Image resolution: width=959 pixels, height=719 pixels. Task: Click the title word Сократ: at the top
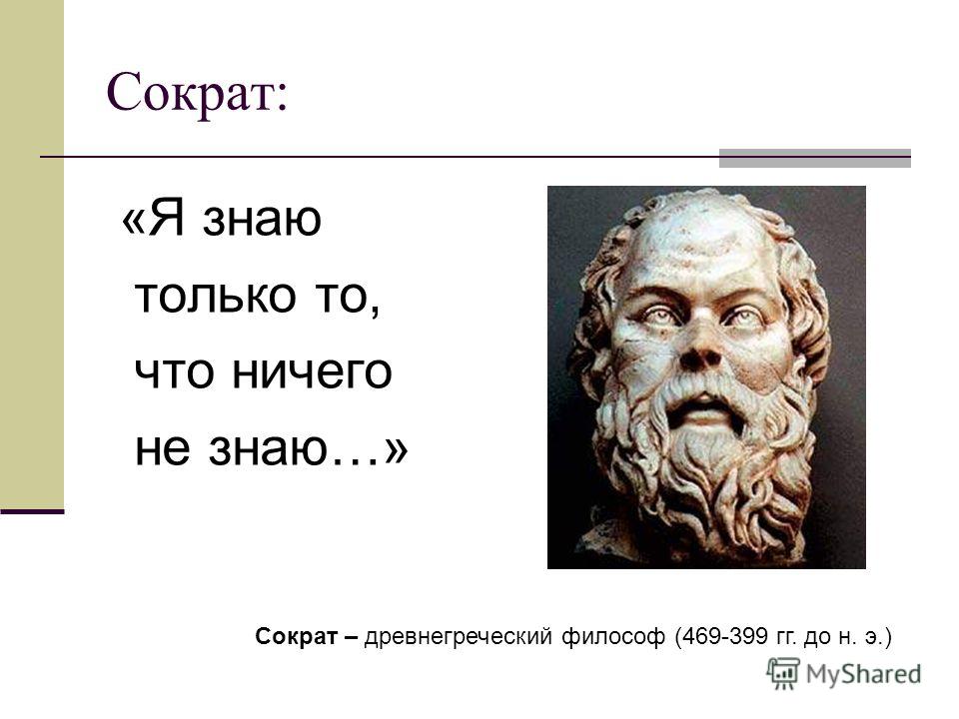(197, 93)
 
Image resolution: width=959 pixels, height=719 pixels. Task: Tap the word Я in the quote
(167, 218)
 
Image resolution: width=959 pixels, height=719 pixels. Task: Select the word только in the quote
(215, 295)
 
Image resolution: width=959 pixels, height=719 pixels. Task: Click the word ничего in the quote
(312, 372)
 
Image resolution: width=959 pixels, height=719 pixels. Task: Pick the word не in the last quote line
(162, 450)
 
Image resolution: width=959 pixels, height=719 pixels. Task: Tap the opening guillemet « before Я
(134, 220)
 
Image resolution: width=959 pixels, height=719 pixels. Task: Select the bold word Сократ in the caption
(296, 636)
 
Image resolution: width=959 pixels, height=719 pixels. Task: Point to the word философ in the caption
(612, 637)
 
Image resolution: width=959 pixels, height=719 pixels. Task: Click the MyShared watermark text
(863, 674)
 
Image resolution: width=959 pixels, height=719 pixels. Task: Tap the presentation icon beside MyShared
(783, 674)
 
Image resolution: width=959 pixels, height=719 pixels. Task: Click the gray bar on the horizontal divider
(815, 158)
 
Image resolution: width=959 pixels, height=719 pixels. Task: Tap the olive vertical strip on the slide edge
(32, 254)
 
